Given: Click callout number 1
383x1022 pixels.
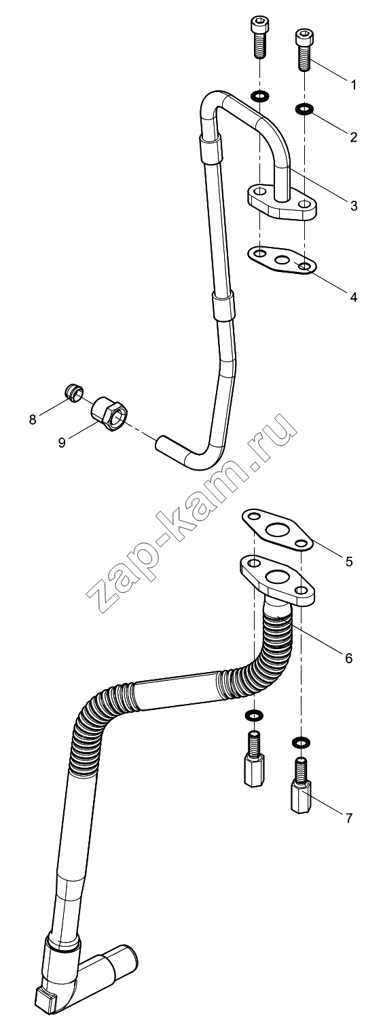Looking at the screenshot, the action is click(353, 85).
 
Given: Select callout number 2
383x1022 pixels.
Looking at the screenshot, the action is click(353, 137).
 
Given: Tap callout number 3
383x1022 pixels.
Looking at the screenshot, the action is click(353, 205).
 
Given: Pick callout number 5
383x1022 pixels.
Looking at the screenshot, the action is click(349, 562).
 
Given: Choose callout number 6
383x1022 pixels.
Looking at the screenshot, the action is click(349, 657).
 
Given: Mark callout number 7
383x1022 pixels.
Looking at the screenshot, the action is click(349, 818).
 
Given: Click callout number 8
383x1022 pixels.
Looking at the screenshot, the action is click(33, 419).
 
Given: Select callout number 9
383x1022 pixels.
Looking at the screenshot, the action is click(62, 443).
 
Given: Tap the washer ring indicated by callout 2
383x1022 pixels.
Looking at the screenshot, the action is click(304, 109).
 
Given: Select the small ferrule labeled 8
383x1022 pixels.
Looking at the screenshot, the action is click(73, 392).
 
